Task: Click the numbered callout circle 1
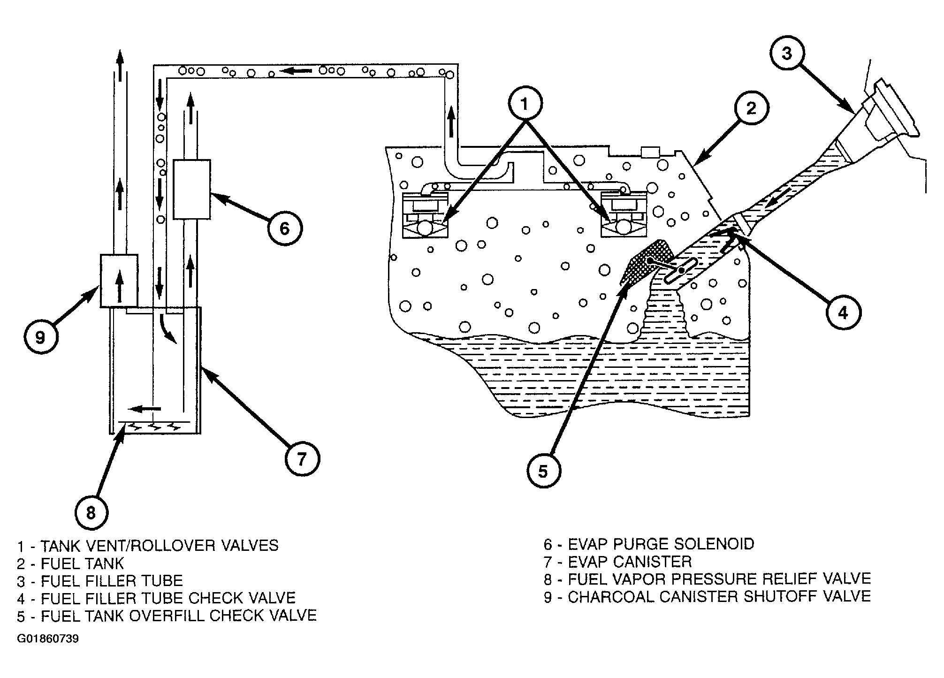click(525, 104)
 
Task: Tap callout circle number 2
click(751, 108)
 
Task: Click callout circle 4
click(843, 312)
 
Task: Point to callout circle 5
click(543, 472)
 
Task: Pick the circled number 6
click(285, 229)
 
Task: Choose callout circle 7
click(302, 458)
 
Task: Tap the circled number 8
click(91, 513)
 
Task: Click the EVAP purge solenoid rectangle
click(191, 189)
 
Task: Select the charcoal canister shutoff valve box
click(119, 281)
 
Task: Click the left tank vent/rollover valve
click(426, 216)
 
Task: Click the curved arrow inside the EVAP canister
click(168, 328)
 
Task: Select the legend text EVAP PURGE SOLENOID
click(661, 544)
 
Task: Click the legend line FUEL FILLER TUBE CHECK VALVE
click(168, 598)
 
